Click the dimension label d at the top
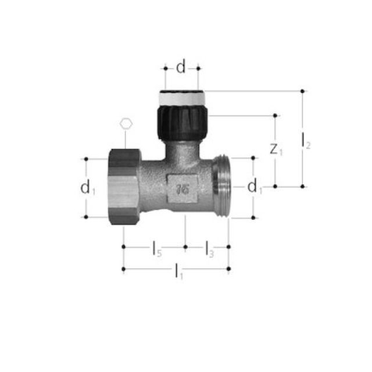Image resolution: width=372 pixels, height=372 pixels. tap(181, 68)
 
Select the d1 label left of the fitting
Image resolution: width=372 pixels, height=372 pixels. tap(87, 187)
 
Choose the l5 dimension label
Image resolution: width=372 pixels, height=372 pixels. tap(156, 249)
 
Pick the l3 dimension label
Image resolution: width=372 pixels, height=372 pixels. tap(209, 250)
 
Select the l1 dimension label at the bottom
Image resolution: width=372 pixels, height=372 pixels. tap(179, 271)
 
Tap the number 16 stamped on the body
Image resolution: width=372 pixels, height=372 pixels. tap(183, 188)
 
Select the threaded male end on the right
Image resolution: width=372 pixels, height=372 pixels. tap(221, 186)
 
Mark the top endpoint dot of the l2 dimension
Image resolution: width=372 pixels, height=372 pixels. tap(302, 91)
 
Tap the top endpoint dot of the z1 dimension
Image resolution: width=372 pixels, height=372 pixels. tap(276, 116)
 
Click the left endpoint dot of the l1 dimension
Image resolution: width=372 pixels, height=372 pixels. tap(123, 269)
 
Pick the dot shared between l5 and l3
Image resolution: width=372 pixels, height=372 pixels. tap(185, 247)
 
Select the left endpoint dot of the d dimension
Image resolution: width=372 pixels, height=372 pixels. tap(165, 68)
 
